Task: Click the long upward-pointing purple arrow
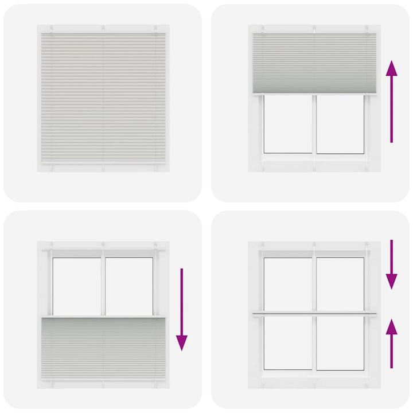[x=392, y=103]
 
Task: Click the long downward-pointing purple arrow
[x=182, y=310]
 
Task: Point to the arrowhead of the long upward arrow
[x=392, y=71]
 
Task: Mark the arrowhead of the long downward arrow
[x=182, y=342]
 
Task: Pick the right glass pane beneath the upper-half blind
[x=341, y=124]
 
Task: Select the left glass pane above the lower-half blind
[x=77, y=284]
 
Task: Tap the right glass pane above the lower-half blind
[x=130, y=284]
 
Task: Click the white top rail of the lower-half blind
[x=103, y=317]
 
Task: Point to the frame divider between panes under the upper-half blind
[x=314, y=124]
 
